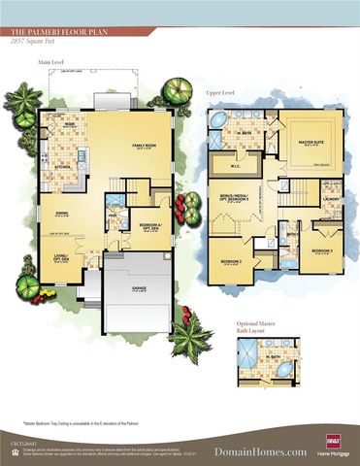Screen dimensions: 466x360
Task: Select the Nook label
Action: [x=71, y=125]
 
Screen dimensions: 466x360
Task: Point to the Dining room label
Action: [x=61, y=216]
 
